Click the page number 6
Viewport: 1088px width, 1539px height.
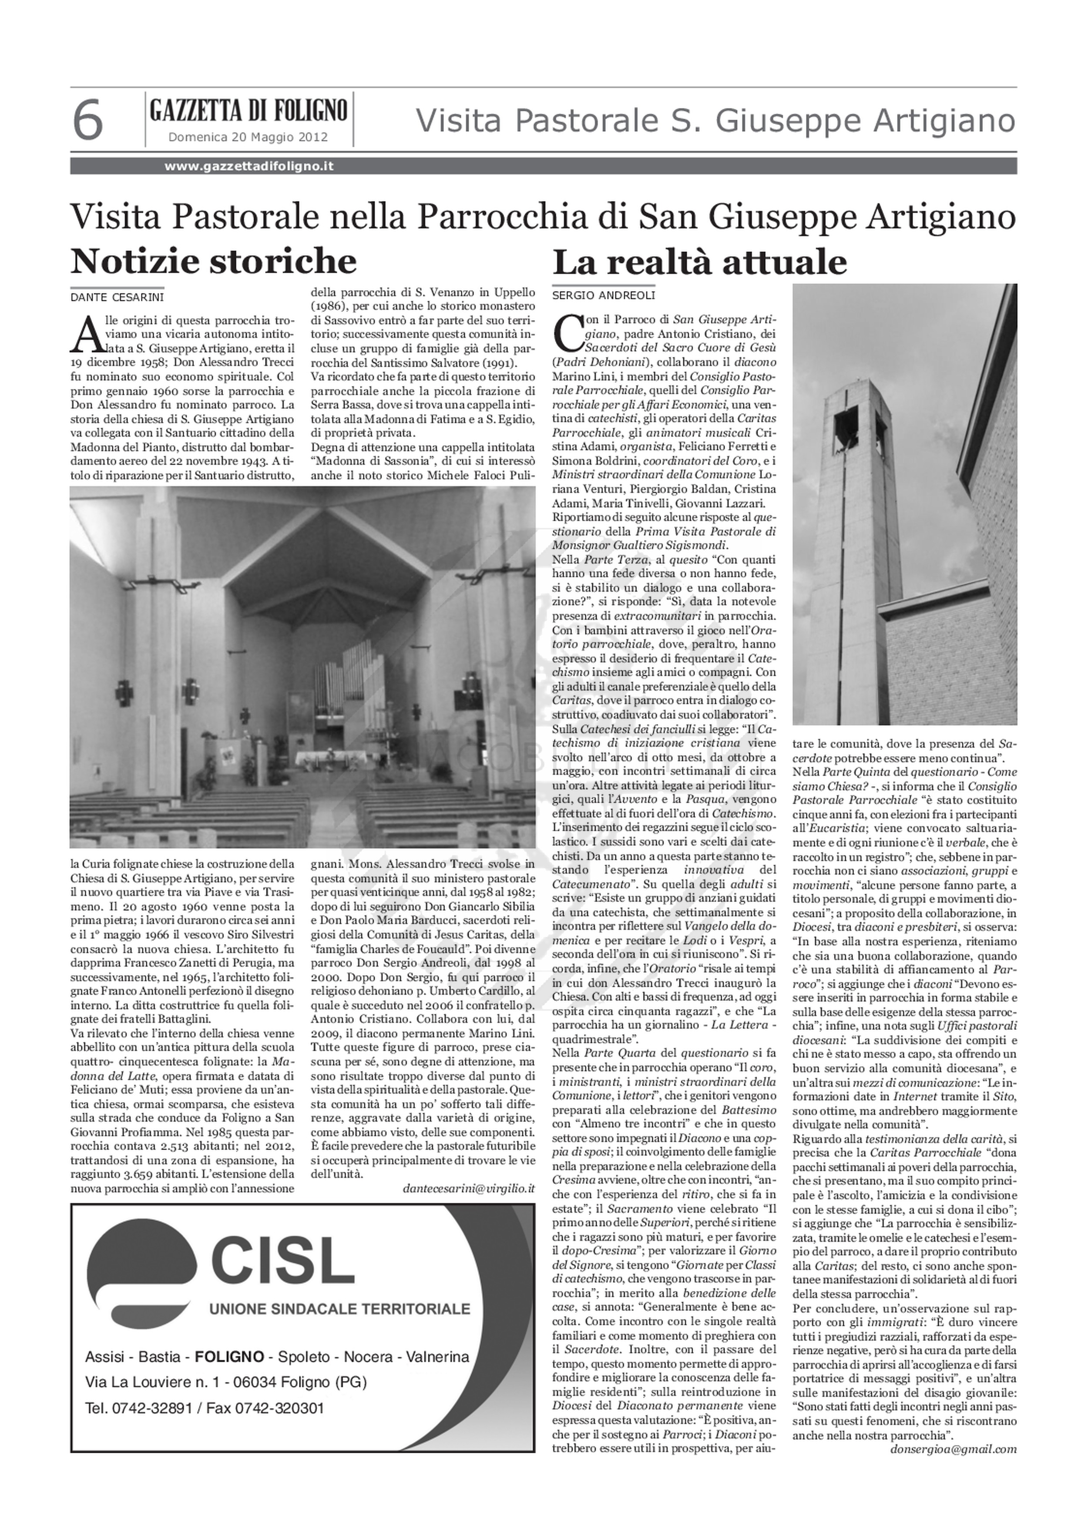(88, 121)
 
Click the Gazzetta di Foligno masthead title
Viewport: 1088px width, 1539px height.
(248, 110)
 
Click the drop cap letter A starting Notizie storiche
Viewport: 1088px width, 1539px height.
(86, 334)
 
